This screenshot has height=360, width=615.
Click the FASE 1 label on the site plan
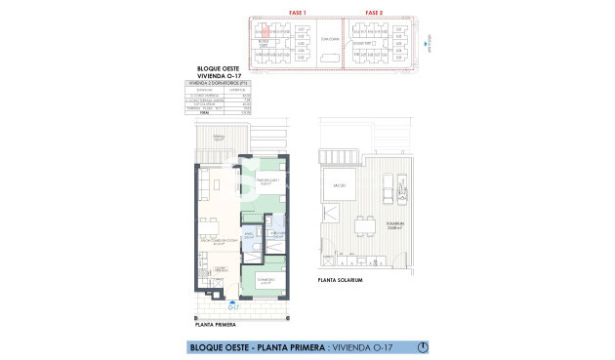click(297, 12)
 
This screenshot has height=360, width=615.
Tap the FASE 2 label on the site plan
click(372, 12)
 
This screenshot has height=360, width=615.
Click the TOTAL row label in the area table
click(205, 113)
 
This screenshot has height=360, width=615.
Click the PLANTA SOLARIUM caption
click(340, 280)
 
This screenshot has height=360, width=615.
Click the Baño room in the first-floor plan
click(249, 237)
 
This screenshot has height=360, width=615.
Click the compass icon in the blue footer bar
click(420, 346)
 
